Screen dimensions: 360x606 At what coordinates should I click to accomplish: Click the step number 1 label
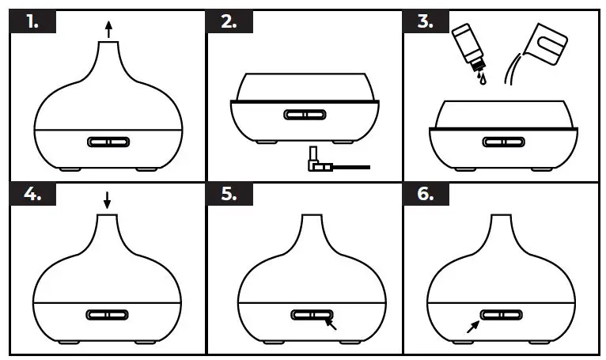click(32, 21)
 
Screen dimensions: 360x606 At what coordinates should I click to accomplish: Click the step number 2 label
click(229, 21)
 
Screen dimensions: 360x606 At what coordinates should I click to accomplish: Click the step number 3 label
click(425, 21)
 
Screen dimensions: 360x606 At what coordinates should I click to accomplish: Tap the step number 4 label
click(32, 194)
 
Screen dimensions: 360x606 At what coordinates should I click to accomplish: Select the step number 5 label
click(229, 194)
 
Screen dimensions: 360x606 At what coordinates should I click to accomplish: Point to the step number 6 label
click(425, 194)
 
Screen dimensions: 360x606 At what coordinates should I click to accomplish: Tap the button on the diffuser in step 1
click(106, 142)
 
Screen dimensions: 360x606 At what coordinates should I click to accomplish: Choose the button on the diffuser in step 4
click(106, 314)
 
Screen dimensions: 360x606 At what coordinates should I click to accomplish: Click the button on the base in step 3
click(500, 142)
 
